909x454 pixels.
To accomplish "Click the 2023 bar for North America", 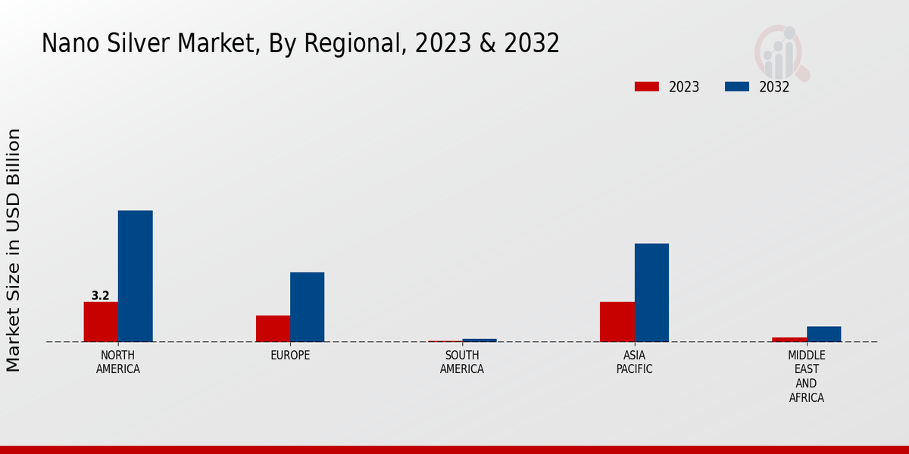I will coord(101,322).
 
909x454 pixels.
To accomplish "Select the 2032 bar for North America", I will coord(135,276).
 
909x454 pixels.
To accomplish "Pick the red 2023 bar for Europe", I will coord(273,328).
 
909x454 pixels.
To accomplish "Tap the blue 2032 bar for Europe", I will coord(307,306).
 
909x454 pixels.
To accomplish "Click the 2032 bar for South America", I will coord(479,340).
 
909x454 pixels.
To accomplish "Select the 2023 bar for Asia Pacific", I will coord(617,322).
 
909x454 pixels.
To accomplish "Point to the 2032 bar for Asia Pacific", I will coord(651,292).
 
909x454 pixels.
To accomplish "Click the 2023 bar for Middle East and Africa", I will coord(789,339).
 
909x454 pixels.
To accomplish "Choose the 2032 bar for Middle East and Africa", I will coord(823,334).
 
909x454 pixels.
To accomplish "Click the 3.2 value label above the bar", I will coord(101,296).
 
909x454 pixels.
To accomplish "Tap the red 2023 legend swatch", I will coord(646,86).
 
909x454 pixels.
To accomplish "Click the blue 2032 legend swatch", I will coord(736,86).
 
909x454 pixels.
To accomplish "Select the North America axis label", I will coord(118,362).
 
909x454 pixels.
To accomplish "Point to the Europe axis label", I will coord(290,356).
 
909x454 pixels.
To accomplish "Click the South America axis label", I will coord(462,362).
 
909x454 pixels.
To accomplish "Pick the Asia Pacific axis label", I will coord(635,362).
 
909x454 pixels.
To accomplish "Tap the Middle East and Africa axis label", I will coord(807,376).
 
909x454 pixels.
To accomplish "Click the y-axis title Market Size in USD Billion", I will coord(14,250).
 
